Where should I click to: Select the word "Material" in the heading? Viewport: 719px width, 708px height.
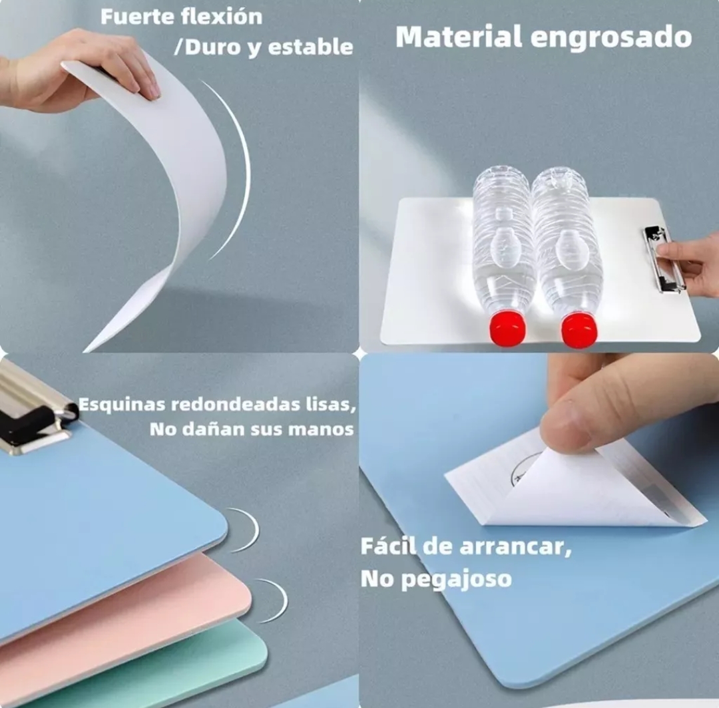(459, 37)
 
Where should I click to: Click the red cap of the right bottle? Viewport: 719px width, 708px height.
(579, 330)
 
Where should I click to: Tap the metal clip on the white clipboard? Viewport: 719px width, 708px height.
(663, 258)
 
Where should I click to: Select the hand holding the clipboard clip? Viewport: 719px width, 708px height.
(692, 263)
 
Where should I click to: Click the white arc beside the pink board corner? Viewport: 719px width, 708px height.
(276, 599)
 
